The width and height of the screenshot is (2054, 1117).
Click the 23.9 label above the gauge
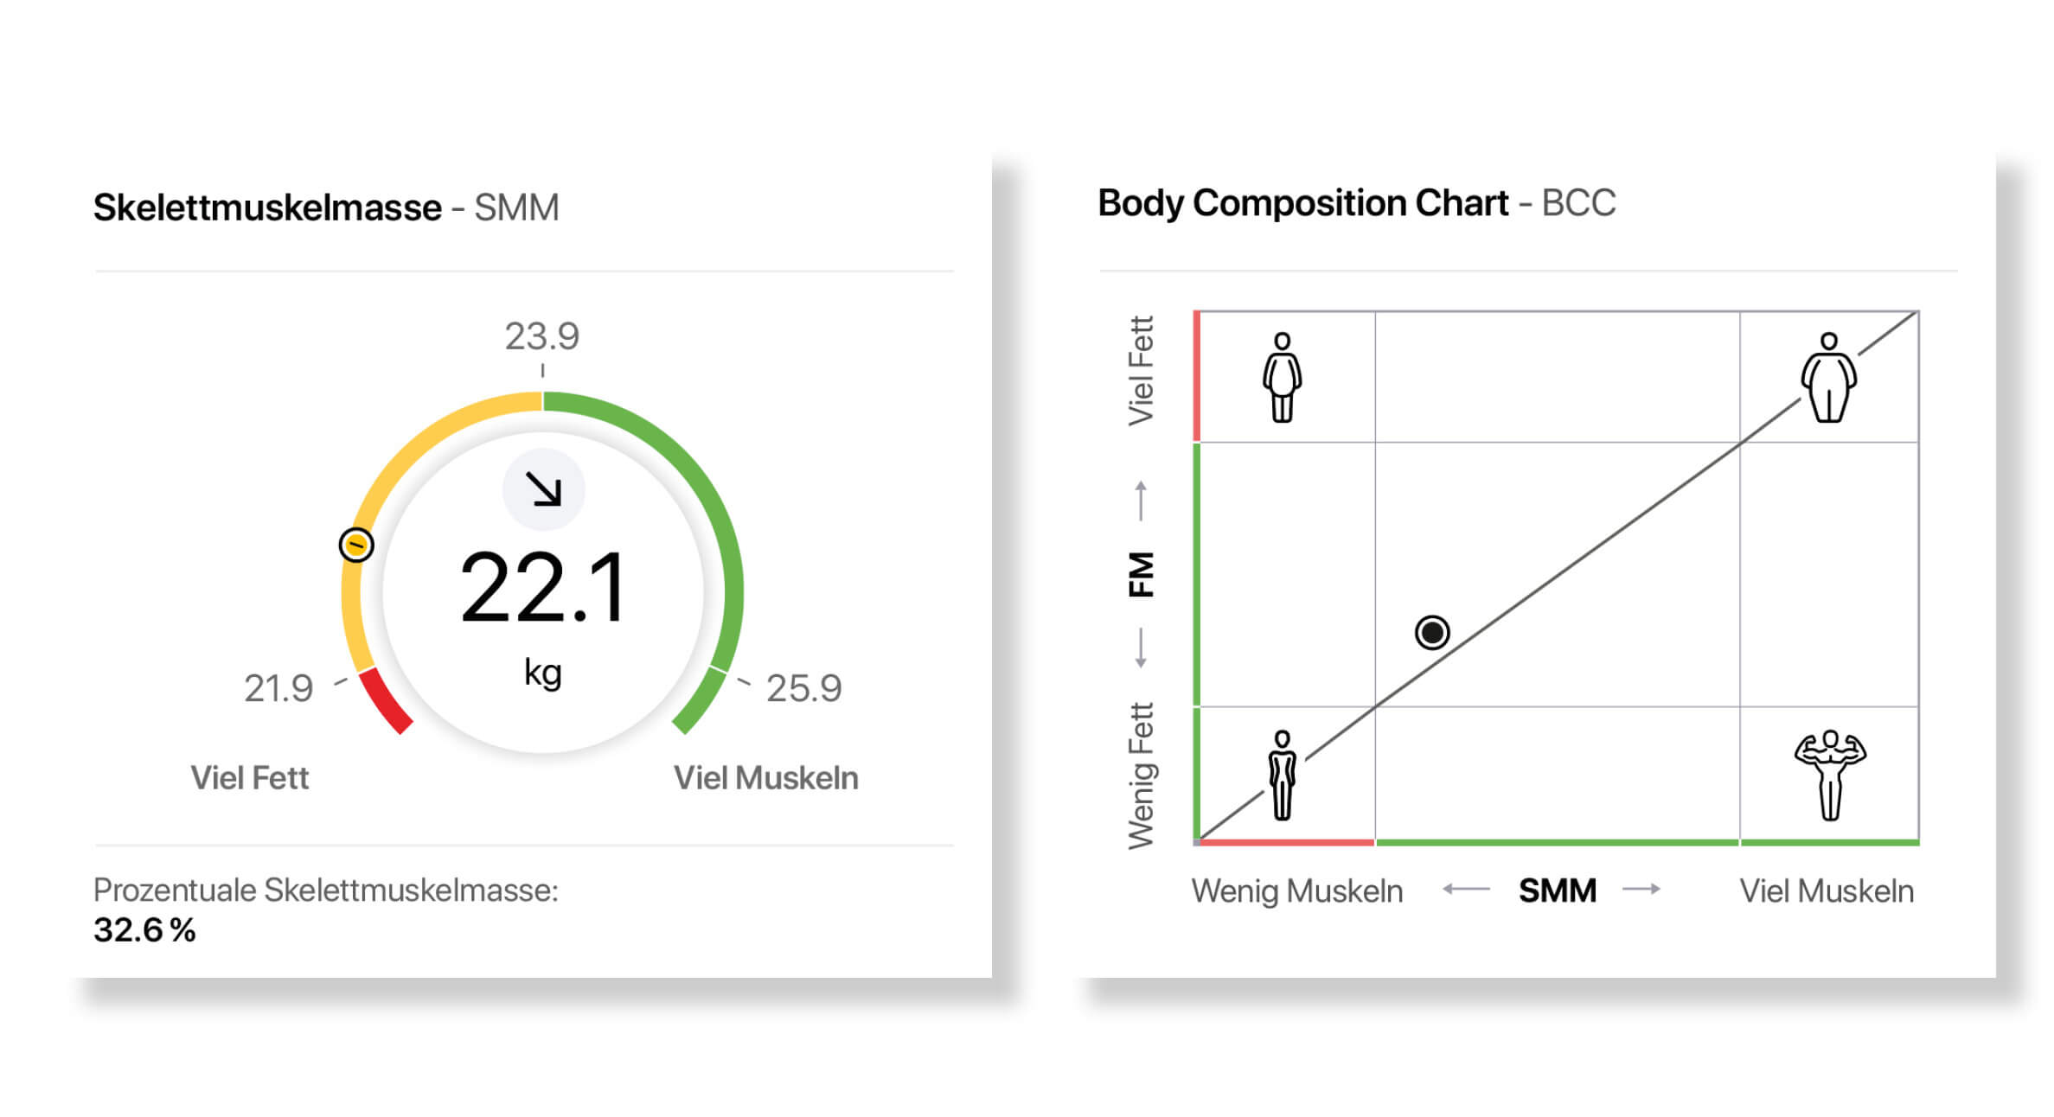point(542,336)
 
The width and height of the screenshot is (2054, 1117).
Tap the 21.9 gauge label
point(278,689)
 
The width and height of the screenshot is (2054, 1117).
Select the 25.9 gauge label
point(803,689)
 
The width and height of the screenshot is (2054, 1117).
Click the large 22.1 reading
point(543,589)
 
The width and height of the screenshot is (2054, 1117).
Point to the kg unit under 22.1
point(543,672)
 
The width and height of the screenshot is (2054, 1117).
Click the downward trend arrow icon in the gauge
point(544,489)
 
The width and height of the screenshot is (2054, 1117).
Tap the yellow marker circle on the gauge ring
point(356,545)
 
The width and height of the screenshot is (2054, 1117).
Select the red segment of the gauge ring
point(384,701)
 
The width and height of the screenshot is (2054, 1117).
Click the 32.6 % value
point(144,930)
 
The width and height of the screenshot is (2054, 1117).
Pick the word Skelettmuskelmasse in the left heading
point(267,208)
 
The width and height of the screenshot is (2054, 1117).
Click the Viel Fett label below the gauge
point(249,778)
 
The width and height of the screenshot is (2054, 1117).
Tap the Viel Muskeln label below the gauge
point(765,778)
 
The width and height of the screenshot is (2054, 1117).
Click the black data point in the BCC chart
point(1432,632)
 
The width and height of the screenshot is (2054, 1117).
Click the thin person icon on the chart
point(1282,775)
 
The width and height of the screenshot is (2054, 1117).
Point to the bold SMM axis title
point(1557,890)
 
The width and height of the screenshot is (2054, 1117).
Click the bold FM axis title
point(1142,574)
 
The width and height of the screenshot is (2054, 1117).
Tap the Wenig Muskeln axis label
point(1296,891)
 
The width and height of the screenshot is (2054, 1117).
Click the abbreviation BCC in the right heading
point(1578,203)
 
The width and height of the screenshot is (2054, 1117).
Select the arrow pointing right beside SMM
point(1641,889)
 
